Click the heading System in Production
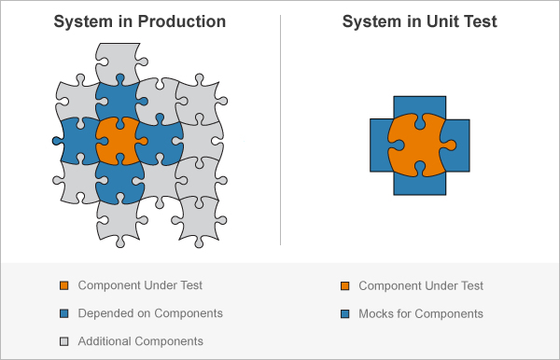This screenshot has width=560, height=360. point(139,21)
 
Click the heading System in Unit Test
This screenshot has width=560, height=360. point(419,21)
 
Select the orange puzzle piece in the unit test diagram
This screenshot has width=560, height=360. point(419,145)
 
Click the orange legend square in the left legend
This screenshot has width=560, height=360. point(63,285)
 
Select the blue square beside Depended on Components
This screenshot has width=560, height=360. point(63,313)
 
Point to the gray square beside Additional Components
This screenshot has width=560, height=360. point(63,341)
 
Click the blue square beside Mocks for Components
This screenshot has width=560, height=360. point(344,313)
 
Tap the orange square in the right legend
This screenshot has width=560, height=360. point(344,285)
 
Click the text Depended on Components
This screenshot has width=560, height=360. point(150,313)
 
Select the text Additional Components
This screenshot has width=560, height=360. point(141,341)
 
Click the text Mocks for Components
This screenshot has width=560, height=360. point(421,313)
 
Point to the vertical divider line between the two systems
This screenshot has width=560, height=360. point(280,131)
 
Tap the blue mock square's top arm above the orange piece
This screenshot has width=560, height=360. point(419,104)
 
